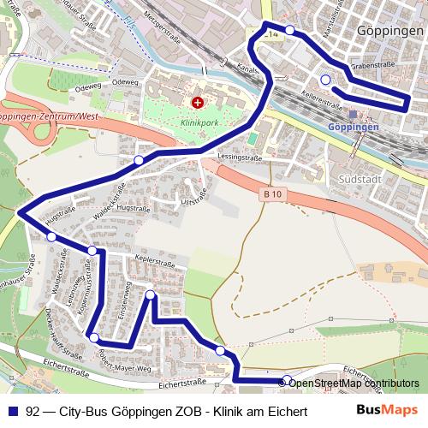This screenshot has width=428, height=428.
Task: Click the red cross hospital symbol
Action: [x=199, y=103]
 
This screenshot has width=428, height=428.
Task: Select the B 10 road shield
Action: [x=271, y=195]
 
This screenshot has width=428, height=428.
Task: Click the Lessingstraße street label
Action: [x=240, y=158]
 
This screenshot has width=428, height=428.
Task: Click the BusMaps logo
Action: [x=387, y=411]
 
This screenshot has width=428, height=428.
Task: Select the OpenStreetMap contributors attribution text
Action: [x=354, y=383]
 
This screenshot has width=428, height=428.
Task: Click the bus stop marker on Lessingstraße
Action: [x=139, y=160]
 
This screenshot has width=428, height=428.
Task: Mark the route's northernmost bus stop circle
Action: [x=290, y=31]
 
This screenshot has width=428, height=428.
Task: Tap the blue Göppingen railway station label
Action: [x=353, y=127]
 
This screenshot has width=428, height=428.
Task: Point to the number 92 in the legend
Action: [x=33, y=411]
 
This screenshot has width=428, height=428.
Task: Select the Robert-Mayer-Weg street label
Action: [x=126, y=360]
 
